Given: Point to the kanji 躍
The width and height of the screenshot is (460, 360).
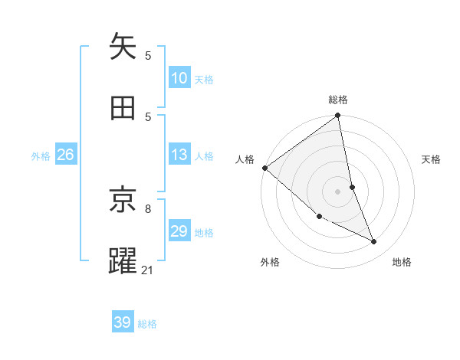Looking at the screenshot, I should (123, 261).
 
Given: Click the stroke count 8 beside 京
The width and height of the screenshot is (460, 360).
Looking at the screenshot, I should (148, 208).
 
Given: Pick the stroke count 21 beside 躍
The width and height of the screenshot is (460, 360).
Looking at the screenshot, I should (148, 269).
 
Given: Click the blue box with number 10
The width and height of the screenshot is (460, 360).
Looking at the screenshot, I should (179, 78).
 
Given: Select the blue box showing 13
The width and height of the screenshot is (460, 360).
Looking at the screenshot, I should (179, 155).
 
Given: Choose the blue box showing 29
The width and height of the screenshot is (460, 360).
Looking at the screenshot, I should (179, 231).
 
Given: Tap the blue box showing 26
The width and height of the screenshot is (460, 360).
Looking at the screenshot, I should (65, 155).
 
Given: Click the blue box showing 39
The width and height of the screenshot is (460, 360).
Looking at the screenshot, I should (123, 322).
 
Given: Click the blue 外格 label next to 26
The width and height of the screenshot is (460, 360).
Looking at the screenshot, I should (41, 156).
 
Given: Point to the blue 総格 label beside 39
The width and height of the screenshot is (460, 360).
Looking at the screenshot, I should (147, 324).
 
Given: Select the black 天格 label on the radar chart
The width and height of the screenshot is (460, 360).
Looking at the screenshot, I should (432, 159).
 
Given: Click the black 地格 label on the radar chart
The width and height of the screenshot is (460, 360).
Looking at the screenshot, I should (402, 262).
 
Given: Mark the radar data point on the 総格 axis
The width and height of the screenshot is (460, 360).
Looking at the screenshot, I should (338, 116).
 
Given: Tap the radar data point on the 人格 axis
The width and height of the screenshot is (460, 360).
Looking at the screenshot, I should (264, 168).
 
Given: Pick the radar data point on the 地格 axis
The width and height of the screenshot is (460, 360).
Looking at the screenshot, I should (374, 242).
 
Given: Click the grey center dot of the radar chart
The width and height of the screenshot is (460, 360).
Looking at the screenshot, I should (338, 191).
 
